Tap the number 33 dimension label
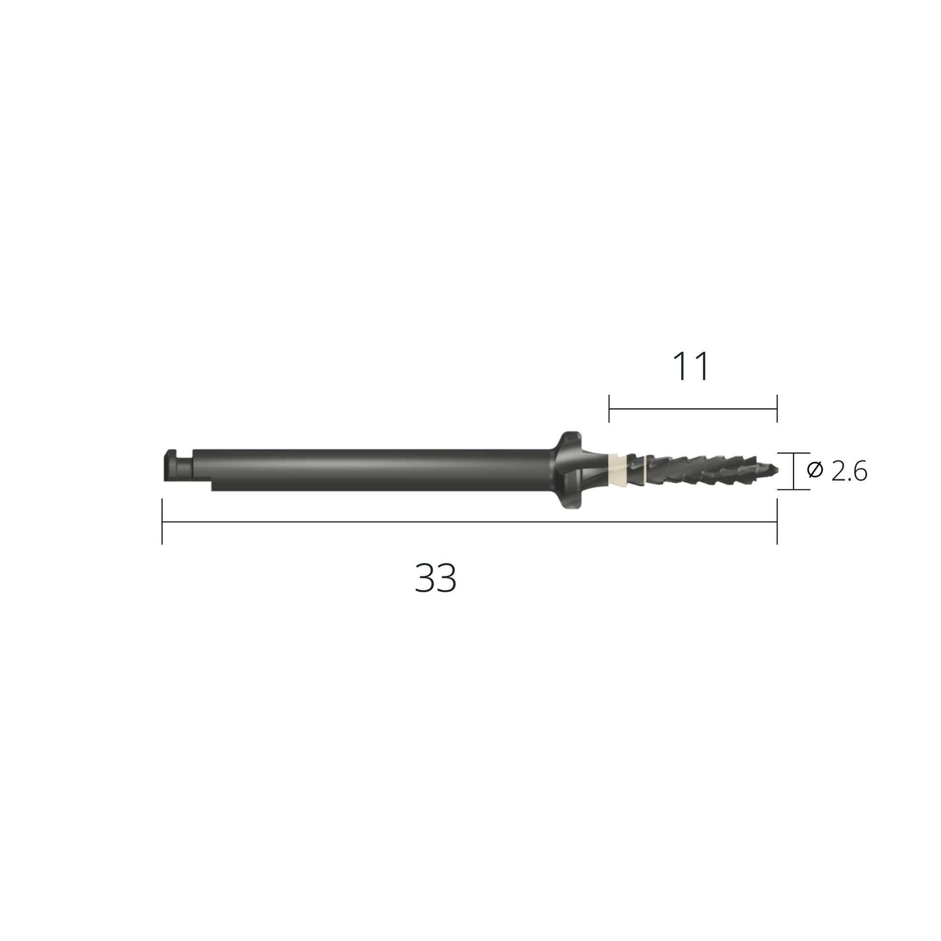pyautogui.click(x=435, y=578)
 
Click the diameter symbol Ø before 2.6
pyautogui.click(x=815, y=470)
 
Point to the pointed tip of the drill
pyautogui.click(x=778, y=470)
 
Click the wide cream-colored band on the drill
pyautogui.click(x=616, y=470)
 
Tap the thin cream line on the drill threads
pyautogui.click(x=646, y=470)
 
